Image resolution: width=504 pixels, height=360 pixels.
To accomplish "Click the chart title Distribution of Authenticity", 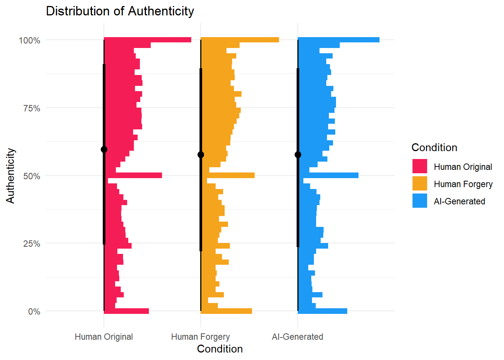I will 120,11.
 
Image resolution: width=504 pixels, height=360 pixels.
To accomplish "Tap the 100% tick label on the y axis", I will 30,40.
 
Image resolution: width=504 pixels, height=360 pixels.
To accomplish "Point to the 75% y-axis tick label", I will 31,108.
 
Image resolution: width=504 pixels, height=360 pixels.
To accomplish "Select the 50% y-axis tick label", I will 31,176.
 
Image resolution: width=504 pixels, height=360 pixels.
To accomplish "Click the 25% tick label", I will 31,244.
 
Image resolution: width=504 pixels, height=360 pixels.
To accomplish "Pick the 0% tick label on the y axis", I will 34,312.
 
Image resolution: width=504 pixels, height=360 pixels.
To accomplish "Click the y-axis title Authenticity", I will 10,175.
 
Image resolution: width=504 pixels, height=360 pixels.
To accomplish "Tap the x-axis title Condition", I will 220,349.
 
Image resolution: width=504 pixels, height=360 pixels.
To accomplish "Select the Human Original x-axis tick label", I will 104,337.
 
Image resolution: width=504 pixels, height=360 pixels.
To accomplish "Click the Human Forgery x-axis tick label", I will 201,337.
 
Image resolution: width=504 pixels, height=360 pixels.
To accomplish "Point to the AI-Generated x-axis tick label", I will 297,337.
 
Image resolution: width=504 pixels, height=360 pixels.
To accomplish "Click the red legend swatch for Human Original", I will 420,166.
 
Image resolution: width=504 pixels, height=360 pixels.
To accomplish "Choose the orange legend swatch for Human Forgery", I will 420,184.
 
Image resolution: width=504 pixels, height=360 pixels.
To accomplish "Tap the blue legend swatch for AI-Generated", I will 420,201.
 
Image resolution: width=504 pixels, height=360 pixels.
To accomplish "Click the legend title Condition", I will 434,147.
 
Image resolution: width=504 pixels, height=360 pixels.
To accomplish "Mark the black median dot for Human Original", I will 104,150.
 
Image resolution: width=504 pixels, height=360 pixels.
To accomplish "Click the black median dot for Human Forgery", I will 201,155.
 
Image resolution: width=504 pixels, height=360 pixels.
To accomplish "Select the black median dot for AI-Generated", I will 298,155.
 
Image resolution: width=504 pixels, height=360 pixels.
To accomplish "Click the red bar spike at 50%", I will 135,175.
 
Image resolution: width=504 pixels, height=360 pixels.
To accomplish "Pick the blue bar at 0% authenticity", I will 322,311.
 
